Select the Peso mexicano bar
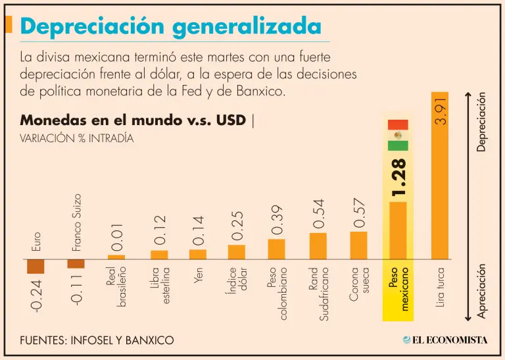(398, 230)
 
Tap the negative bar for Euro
(36, 266)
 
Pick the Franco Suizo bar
(76, 263)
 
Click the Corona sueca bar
(358, 245)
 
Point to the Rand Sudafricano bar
(318, 245)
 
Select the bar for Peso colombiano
(277, 249)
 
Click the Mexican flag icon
(398, 135)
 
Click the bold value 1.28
(398, 176)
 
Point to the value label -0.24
(36, 296)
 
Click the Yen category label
(198, 276)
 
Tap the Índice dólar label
(237, 282)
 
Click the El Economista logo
(445, 340)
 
